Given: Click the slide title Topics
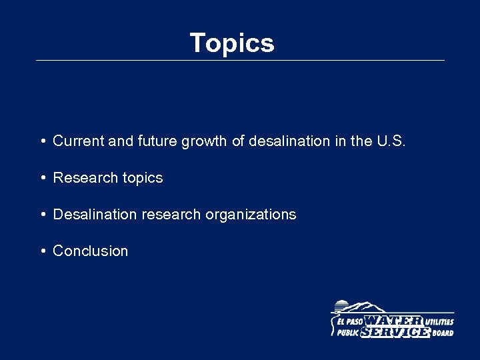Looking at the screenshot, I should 231,43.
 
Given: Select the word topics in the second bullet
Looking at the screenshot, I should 142,178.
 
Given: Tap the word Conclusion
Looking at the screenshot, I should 90,251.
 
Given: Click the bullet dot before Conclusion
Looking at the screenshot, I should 42,251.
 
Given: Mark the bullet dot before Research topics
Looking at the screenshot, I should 42,178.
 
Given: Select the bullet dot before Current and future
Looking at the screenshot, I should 42,141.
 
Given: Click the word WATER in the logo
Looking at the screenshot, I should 393,321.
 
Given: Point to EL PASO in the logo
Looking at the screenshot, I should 349,321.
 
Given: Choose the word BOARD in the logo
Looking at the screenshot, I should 443,333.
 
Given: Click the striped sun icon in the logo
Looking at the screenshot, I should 341,307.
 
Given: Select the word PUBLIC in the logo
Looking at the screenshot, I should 348,333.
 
